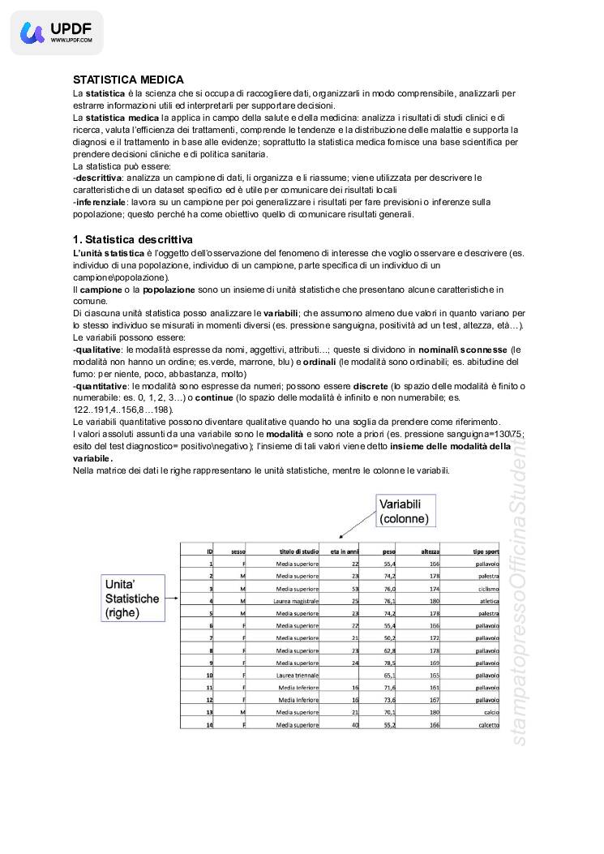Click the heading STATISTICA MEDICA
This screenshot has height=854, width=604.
tap(128, 79)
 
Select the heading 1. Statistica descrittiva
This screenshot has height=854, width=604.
tap(133, 239)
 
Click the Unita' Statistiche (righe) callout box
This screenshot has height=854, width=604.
tap(131, 599)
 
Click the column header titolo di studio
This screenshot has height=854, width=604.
tap(298, 551)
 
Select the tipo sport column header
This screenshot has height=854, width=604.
tap(486, 551)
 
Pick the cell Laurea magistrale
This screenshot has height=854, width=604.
tap(298, 601)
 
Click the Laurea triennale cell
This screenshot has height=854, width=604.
tap(298, 675)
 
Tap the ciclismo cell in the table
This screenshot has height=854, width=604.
tap(488, 588)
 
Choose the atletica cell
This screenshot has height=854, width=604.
tap(489, 601)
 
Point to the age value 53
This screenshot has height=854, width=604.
tap(354, 588)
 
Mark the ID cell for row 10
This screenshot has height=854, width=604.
tap(209, 675)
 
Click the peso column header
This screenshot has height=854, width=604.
tap(389, 551)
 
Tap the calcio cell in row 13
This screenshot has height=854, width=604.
tap(490, 712)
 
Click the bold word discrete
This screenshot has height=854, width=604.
tap(371, 386)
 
